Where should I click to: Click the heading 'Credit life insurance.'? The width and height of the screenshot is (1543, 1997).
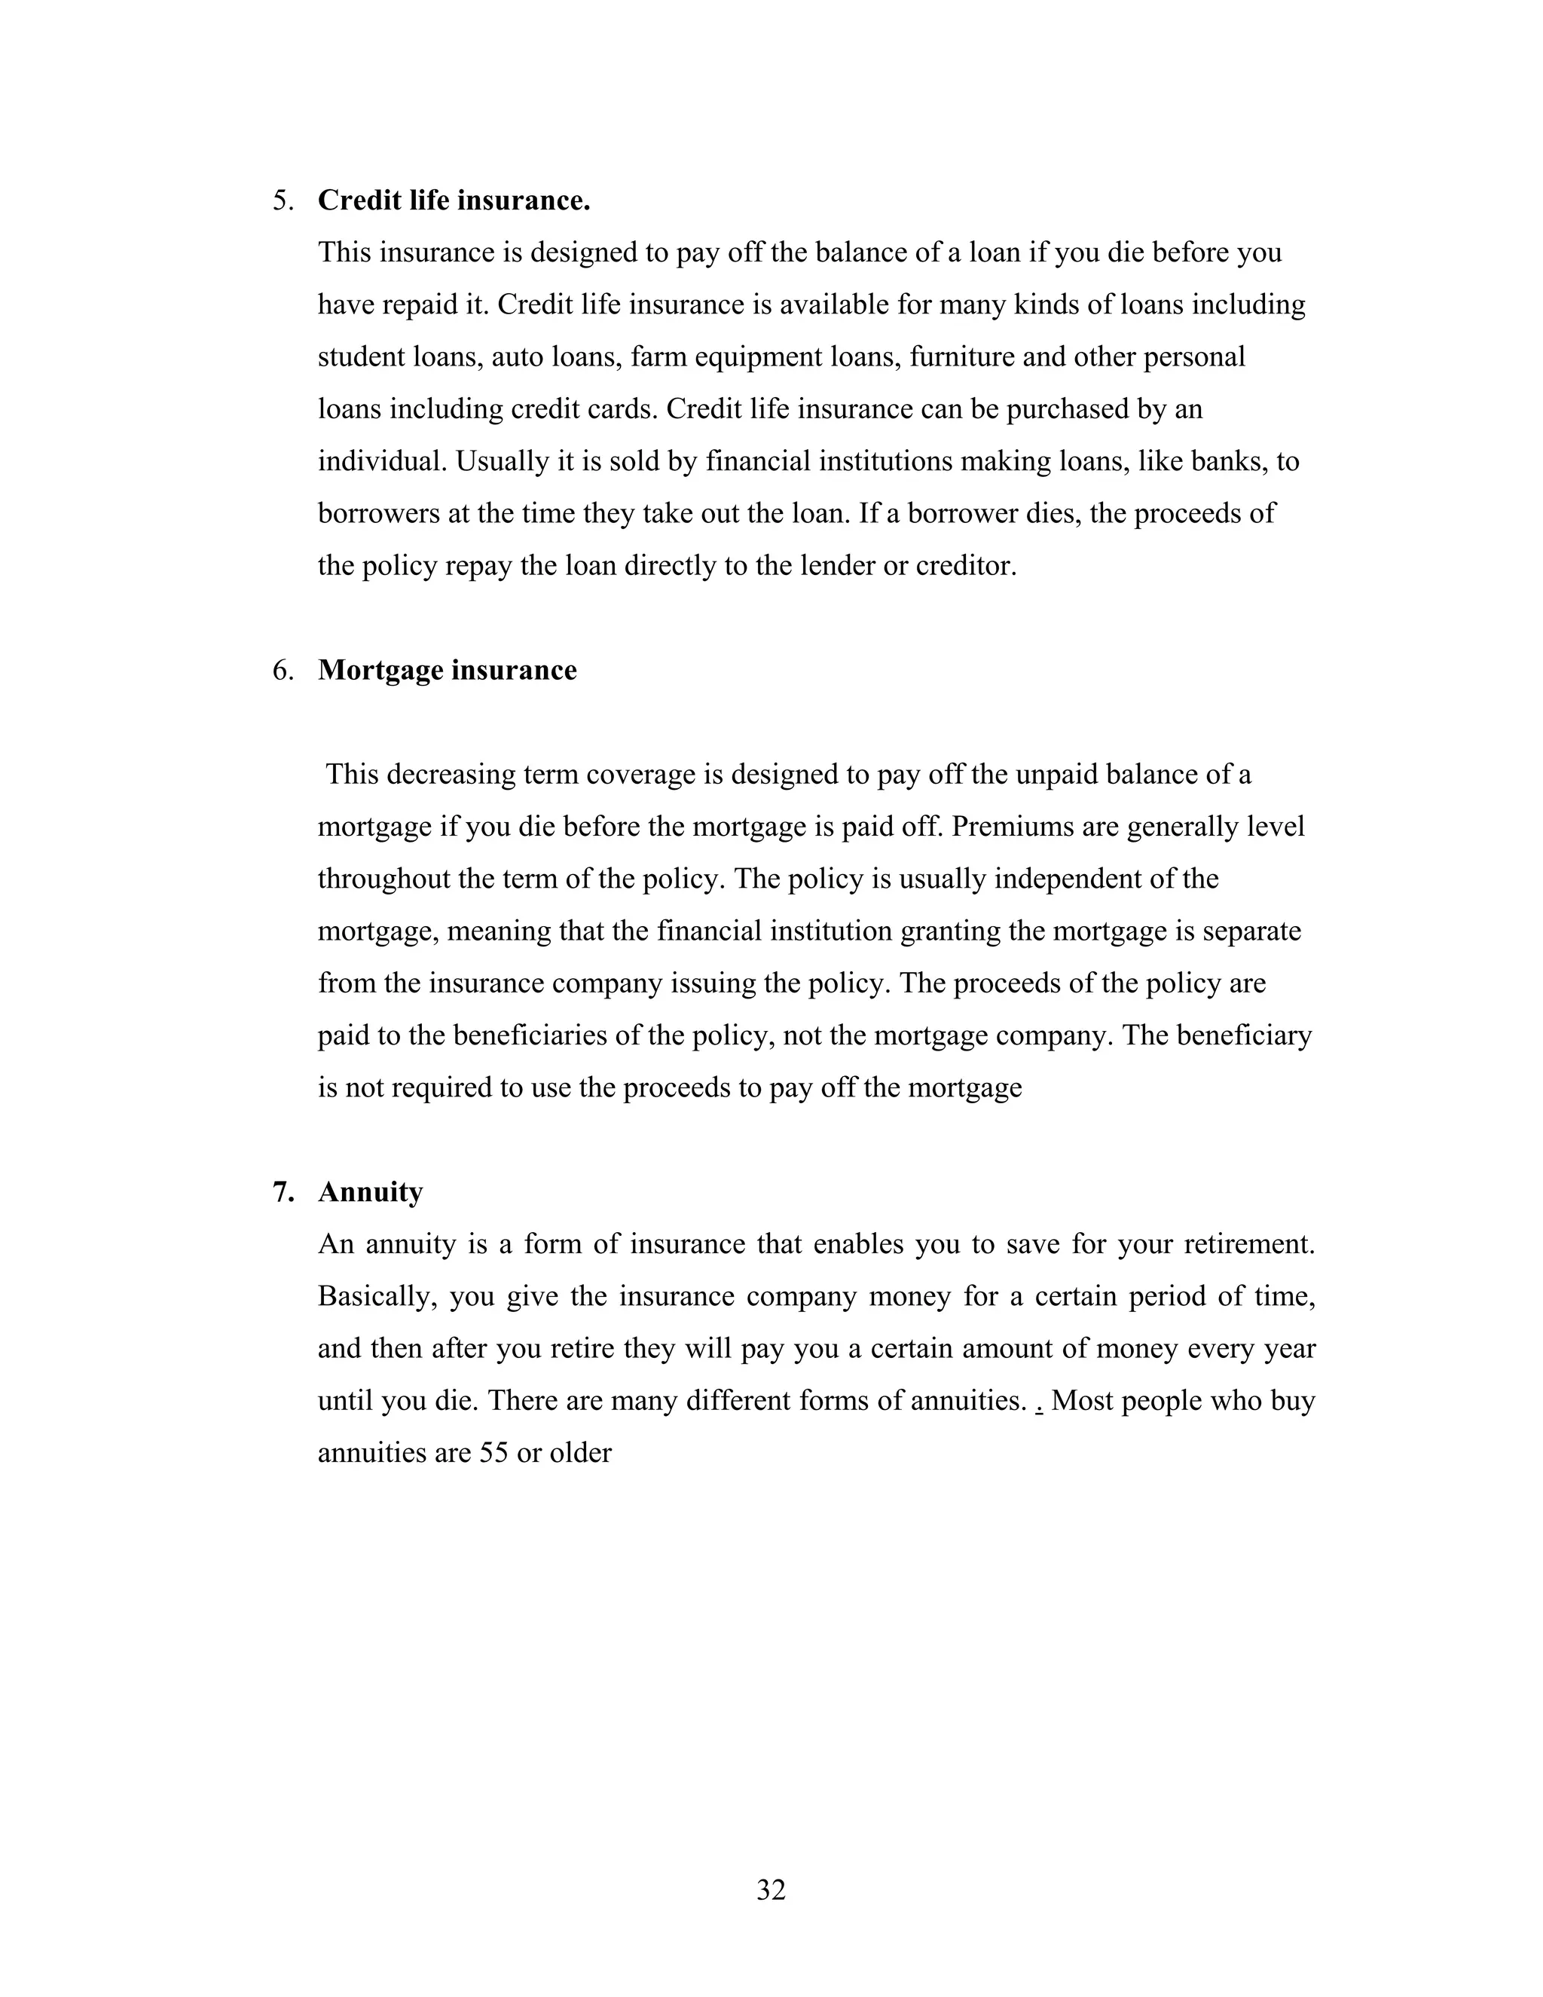[x=454, y=200]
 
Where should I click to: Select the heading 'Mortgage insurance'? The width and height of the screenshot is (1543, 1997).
[x=447, y=670]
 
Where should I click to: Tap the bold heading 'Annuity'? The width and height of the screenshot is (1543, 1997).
[x=370, y=1192]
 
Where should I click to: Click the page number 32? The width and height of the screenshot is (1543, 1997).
[x=771, y=1889]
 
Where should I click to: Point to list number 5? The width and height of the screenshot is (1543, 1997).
[x=283, y=200]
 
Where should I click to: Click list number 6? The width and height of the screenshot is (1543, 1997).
[x=283, y=670]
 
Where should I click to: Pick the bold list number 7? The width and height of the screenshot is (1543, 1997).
[x=283, y=1192]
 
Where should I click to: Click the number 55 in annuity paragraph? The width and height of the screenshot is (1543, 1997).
[x=493, y=1453]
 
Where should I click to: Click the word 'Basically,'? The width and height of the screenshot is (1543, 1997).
[x=374, y=1297]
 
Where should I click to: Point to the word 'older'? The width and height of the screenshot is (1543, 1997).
[x=579, y=1453]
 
